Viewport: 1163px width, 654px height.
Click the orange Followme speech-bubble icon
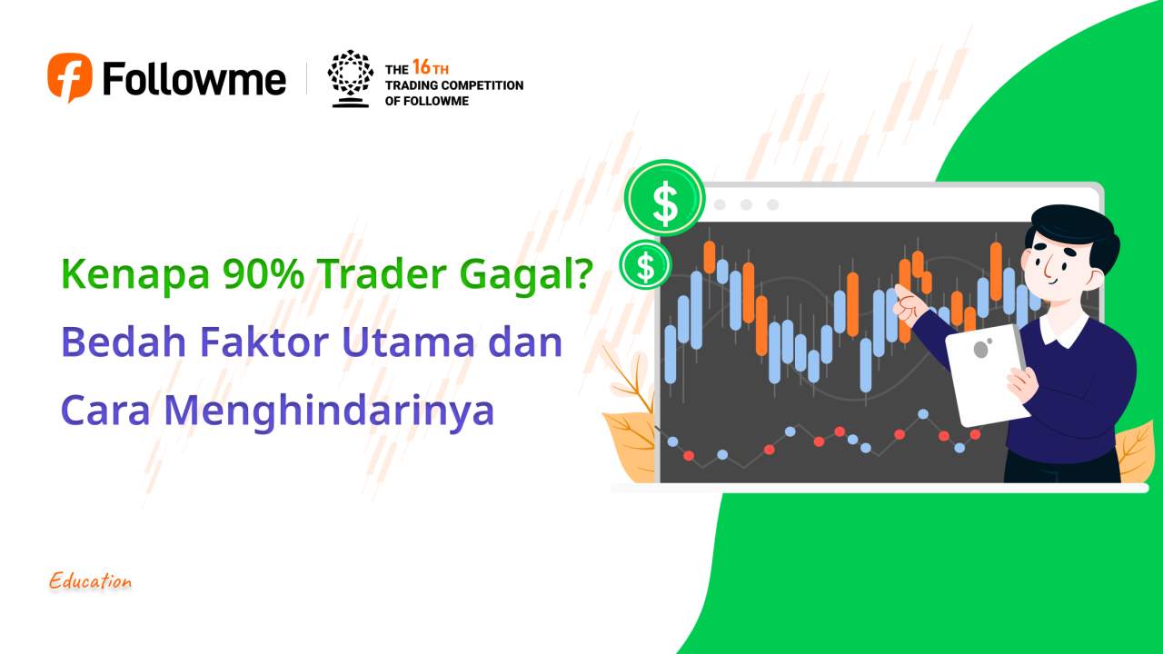[70, 77]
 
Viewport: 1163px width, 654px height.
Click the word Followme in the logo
[194, 79]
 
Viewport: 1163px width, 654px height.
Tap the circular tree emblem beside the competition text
[350, 78]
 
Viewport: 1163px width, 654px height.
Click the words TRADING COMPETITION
[454, 85]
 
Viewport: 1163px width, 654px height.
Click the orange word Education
[91, 581]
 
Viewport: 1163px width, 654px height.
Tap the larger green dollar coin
[665, 202]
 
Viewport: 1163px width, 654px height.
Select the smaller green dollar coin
[645, 265]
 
